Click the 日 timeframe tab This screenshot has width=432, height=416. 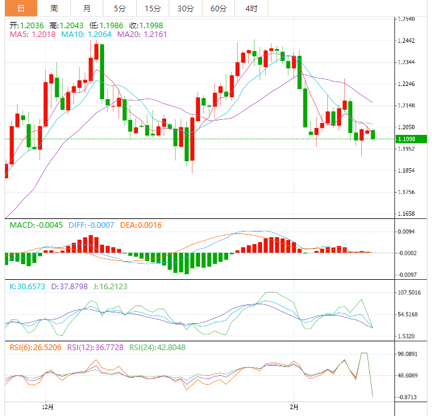(x=21, y=8)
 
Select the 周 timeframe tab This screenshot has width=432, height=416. (x=54, y=8)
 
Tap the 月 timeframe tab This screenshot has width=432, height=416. (x=87, y=8)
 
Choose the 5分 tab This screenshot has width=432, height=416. (x=119, y=8)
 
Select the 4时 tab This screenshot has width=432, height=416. (x=251, y=8)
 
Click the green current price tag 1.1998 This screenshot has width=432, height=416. (x=411, y=139)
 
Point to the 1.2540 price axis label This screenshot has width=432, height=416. (x=410, y=19)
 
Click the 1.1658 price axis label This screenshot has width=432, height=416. (x=410, y=213)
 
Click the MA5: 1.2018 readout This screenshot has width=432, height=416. (x=32, y=35)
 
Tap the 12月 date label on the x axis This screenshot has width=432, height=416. (x=47, y=407)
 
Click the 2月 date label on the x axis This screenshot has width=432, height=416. (x=294, y=407)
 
